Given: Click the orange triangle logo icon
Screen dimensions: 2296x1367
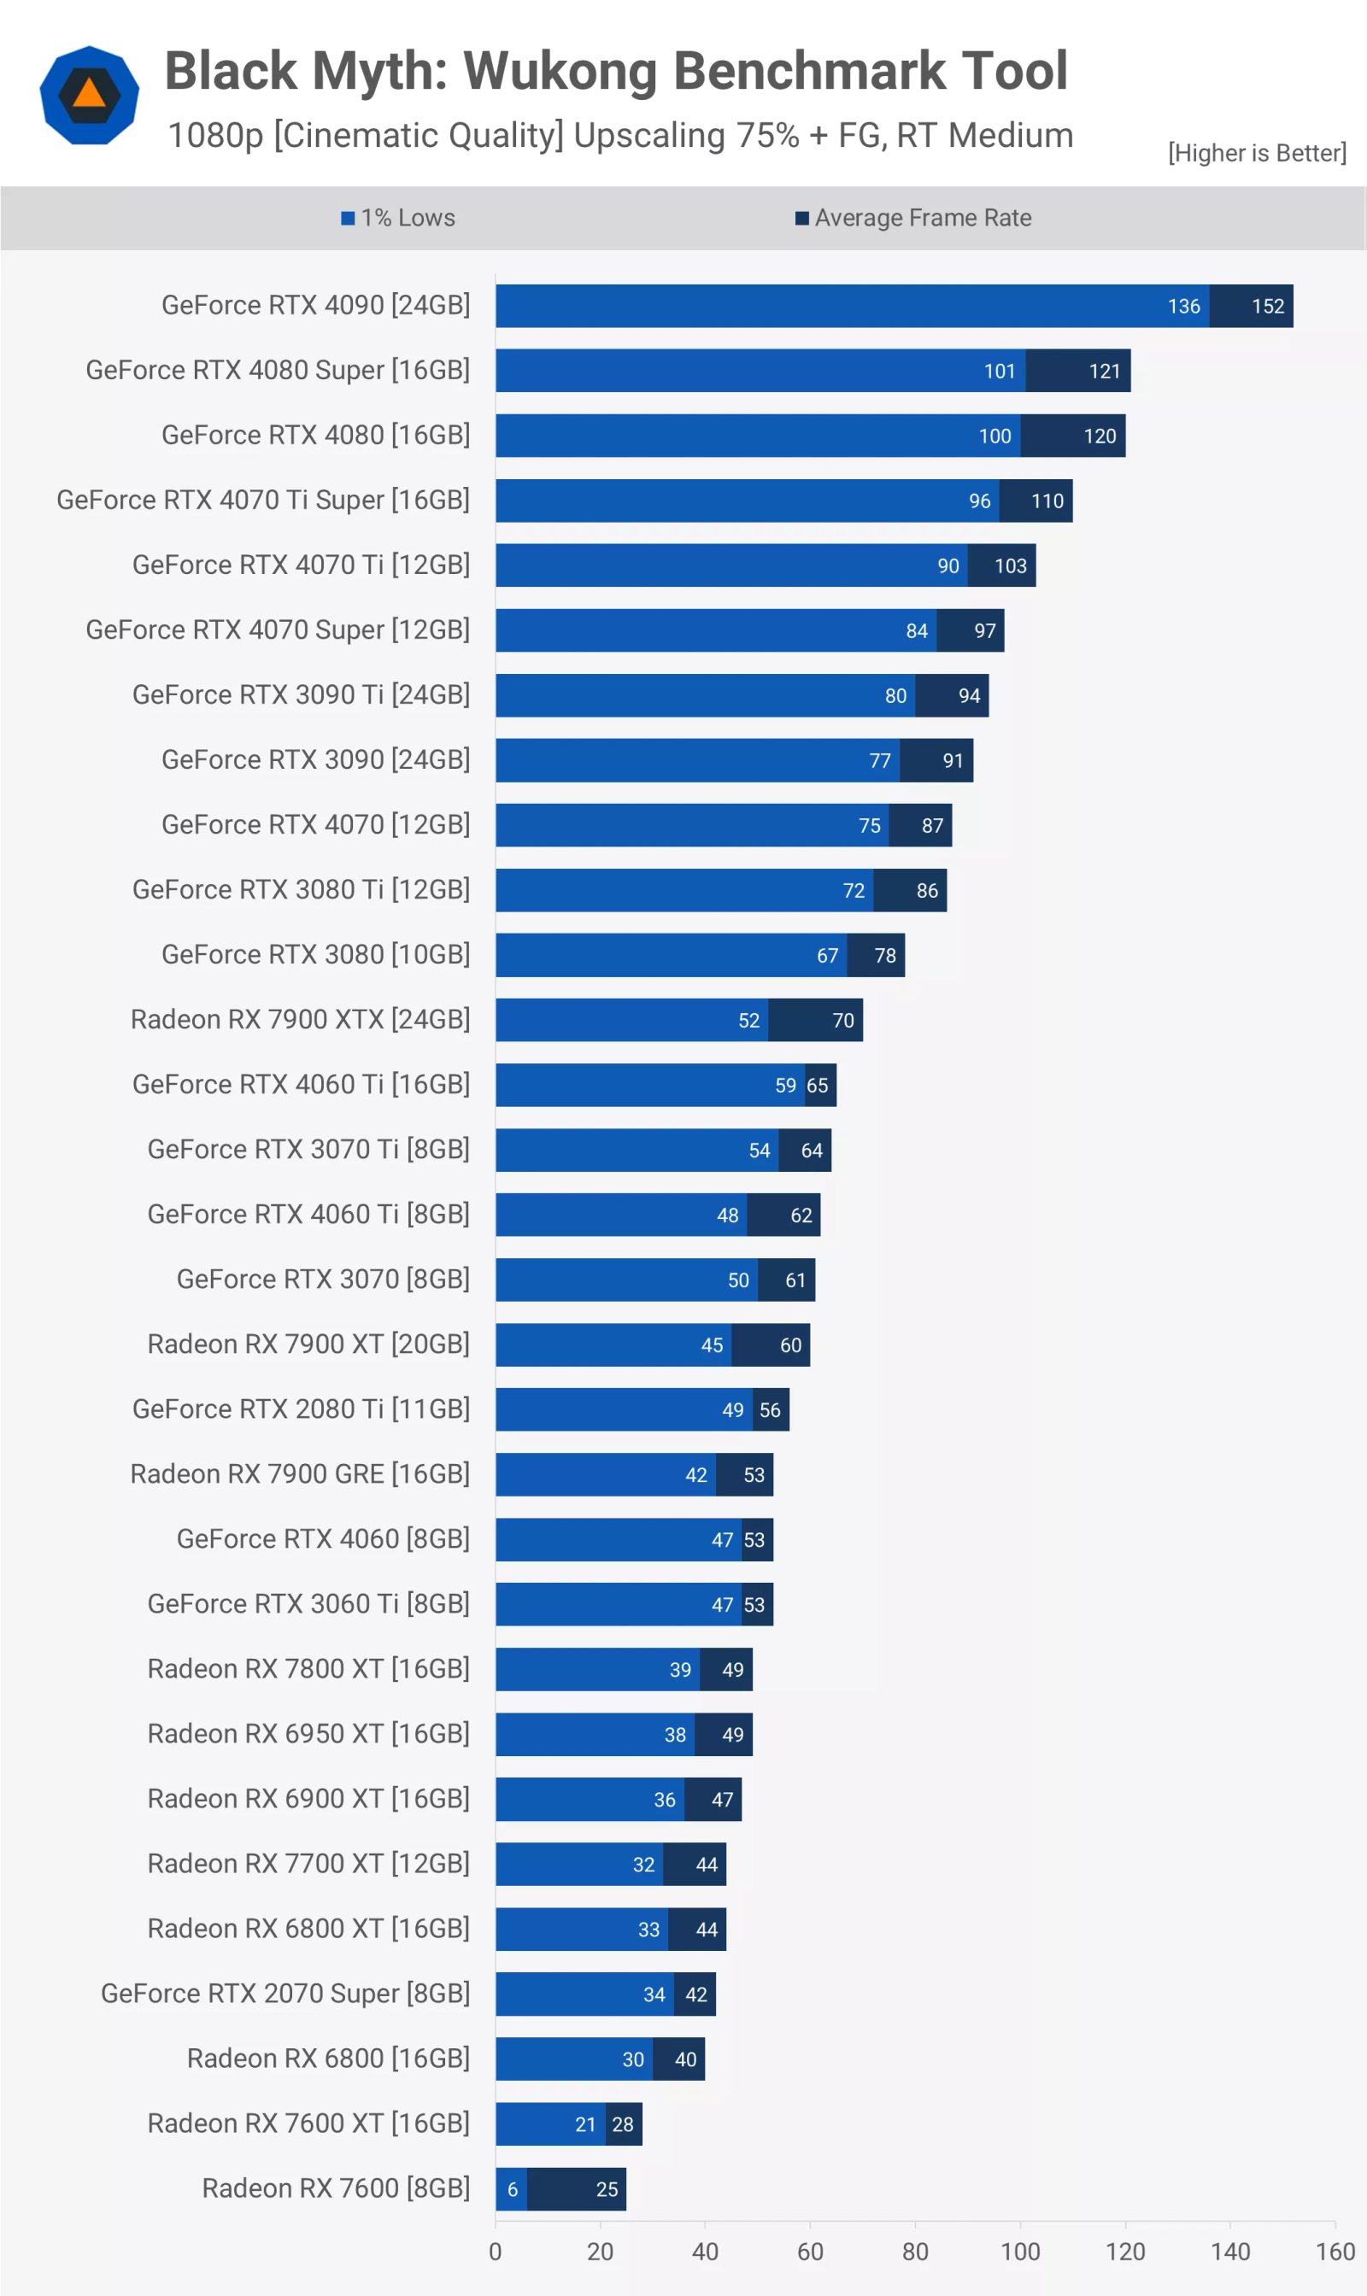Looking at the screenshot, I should point(90,93).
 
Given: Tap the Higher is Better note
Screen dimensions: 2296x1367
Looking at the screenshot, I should point(1257,153).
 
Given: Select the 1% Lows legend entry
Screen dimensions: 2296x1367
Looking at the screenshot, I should point(398,219).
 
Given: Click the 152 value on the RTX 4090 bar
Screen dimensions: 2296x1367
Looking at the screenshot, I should point(1268,307).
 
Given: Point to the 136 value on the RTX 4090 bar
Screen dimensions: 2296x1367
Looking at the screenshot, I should point(1183,307).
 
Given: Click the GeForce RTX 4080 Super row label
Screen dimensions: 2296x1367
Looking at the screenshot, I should point(278,370).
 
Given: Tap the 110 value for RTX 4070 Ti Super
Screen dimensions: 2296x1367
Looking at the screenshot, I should point(1047,501).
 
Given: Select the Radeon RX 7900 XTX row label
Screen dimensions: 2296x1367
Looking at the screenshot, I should point(300,1020).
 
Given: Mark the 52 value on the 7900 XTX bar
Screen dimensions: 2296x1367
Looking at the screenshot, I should point(749,1021).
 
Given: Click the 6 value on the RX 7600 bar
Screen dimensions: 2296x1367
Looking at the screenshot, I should point(512,2189).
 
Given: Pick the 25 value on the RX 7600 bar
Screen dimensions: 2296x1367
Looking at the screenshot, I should point(606,2189).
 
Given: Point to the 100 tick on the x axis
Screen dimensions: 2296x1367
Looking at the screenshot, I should point(1020,2252).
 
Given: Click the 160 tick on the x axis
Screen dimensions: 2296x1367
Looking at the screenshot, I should point(1335,2252).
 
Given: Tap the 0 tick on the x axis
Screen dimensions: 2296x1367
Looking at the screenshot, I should point(496,2252).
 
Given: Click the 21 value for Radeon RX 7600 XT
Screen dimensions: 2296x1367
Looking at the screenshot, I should point(585,2124).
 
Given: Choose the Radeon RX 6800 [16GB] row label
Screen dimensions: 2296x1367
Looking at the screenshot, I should point(328,2059).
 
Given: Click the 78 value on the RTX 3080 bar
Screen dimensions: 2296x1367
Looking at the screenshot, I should point(884,956).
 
